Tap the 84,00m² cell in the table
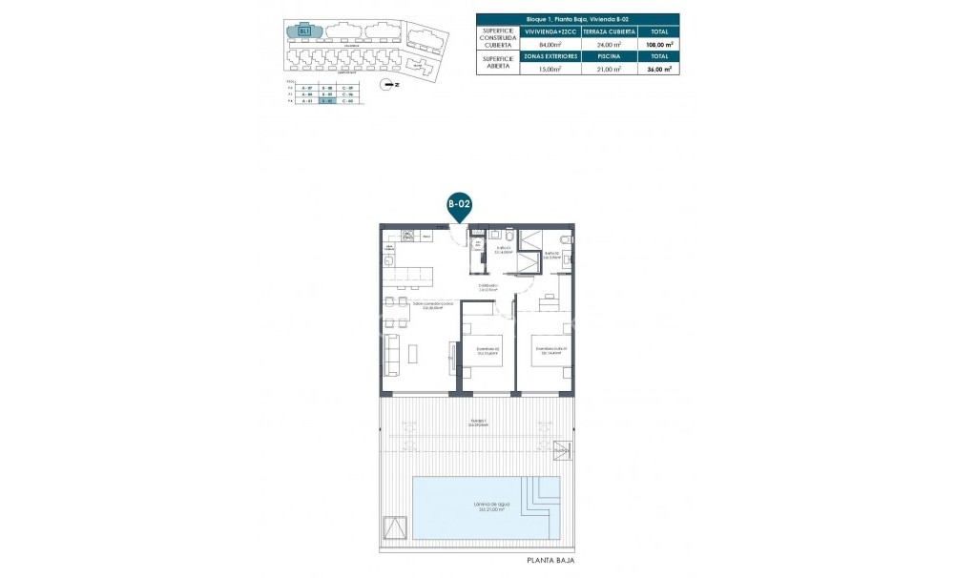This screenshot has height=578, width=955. (547, 44)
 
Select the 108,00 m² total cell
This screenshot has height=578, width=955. (658, 44)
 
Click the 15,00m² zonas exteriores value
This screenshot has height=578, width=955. (547, 69)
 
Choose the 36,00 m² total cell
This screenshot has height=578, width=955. (658, 69)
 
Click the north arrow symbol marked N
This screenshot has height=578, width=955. (387, 84)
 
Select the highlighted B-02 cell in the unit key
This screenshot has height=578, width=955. (327, 102)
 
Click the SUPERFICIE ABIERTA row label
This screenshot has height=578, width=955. (498, 63)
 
